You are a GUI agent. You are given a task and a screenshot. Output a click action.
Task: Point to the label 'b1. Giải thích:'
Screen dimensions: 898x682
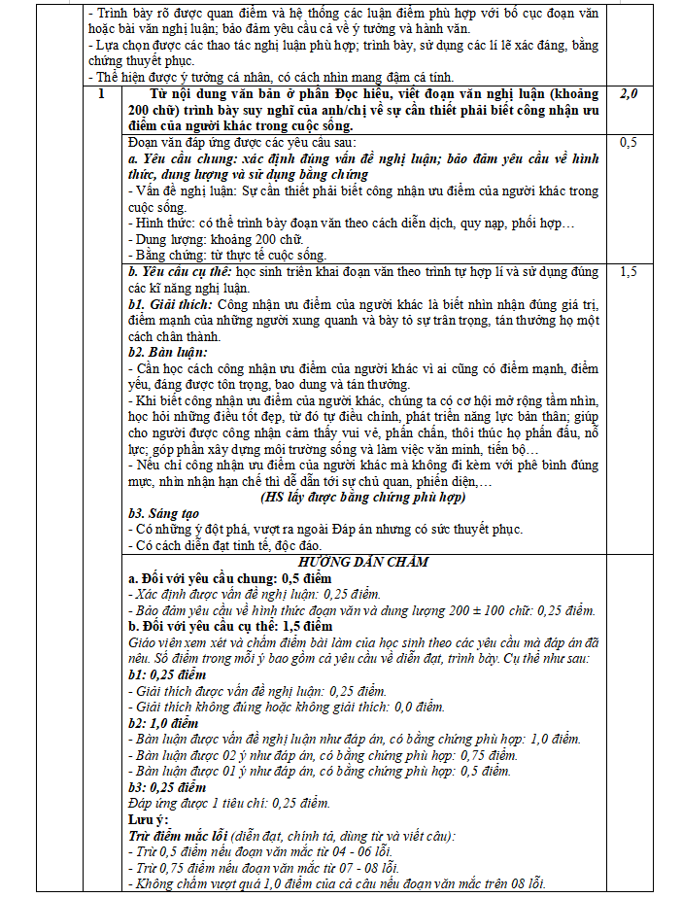click(x=170, y=305)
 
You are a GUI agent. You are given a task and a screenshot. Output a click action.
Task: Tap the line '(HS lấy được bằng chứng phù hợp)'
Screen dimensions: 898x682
click(x=362, y=497)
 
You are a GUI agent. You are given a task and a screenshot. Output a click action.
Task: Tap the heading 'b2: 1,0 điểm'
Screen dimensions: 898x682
click(x=167, y=723)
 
